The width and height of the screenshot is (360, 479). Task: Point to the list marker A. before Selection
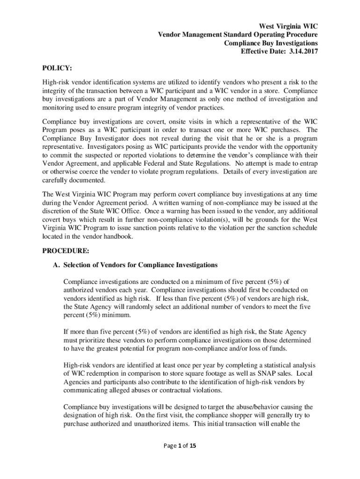tap(57, 265)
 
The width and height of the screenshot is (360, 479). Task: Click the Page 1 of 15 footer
tap(180, 445)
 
